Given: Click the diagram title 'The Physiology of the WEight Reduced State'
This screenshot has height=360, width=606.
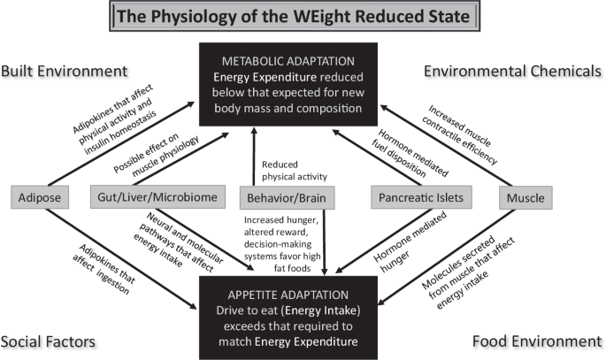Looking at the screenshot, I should click(303, 17).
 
